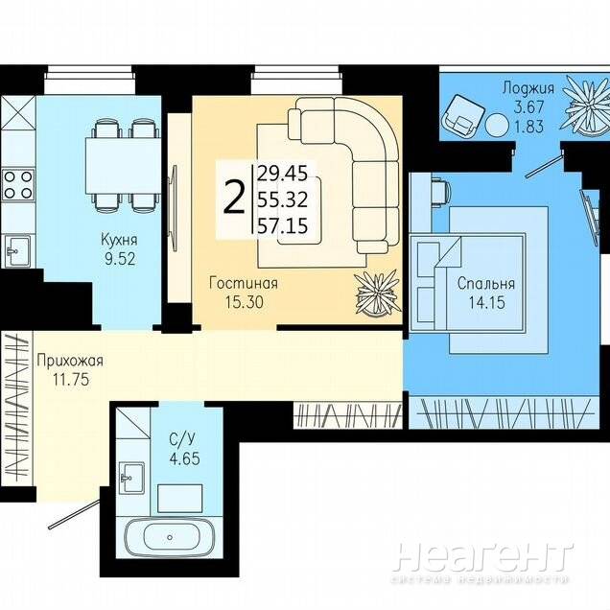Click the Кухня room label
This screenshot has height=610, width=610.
(x=119, y=239)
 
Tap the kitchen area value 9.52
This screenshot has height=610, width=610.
(x=120, y=259)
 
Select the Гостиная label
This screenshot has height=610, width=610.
(x=244, y=283)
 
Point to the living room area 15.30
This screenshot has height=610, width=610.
(x=245, y=302)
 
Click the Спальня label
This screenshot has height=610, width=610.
(x=486, y=283)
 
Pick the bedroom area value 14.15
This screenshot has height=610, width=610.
(x=486, y=302)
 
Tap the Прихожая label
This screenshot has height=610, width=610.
(x=70, y=361)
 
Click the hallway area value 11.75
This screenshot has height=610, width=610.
(x=71, y=379)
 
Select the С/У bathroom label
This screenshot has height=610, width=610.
(x=182, y=439)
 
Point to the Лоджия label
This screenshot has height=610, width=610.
(x=528, y=88)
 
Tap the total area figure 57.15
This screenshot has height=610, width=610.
(x=283, y=225)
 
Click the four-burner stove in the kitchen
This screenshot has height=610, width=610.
(x=18, y=185)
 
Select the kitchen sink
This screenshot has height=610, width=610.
(x=18, y=251)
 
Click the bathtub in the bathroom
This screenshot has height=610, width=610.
(x=169, y=537)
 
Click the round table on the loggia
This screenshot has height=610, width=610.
(x=497, y=124)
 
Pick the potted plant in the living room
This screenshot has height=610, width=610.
(x=378, y=293)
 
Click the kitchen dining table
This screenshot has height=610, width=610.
(x=122, y=166)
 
